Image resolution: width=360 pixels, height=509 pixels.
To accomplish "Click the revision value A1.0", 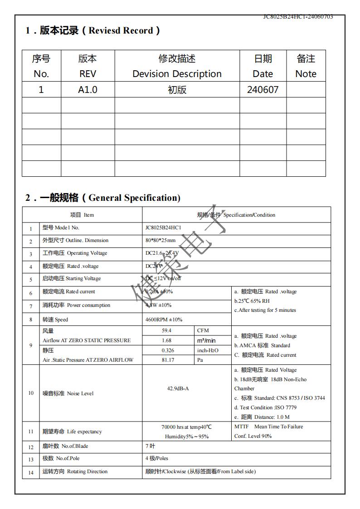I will (x=88, y=90).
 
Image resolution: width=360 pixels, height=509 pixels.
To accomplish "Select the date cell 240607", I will (x=263, y=90).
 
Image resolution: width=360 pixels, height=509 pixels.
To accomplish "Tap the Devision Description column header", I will (x=177, y=66).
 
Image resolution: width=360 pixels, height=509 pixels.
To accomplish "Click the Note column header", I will (x=306, y=66).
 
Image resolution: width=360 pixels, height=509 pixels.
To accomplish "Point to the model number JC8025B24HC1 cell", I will (x=163, y=228).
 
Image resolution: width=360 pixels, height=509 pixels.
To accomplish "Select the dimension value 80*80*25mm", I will (x=160, y=240).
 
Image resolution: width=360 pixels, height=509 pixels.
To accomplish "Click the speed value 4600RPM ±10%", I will (x=164, y=320).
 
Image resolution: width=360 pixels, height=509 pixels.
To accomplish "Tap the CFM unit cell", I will (x=203, y=330).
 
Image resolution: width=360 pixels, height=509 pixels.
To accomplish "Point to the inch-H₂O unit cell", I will (x=208, y=350).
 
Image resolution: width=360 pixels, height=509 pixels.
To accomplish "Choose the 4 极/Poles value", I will (x=156, y=458).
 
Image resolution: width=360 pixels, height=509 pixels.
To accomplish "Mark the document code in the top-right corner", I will (x=298, y=17).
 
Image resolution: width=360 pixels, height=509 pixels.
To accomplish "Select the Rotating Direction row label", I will (x=75, y=471).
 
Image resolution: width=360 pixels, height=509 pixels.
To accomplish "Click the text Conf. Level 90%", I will (x=253, y=436).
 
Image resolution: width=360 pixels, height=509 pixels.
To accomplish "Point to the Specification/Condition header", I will (x=236, y=215).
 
